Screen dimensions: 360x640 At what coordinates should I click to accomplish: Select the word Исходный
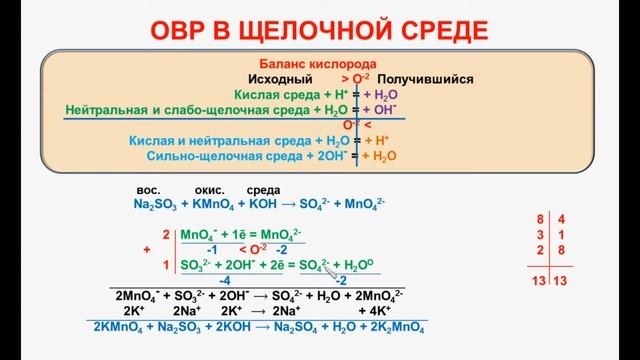280,77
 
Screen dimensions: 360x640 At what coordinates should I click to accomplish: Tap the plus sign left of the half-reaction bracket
147,248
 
